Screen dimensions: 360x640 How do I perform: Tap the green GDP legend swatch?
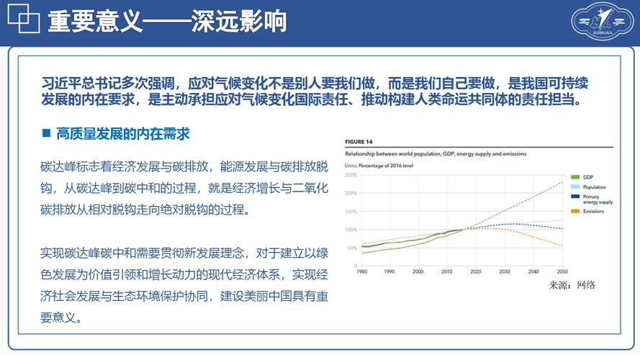point(575,176)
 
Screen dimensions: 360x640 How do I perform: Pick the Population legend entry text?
point(594,187)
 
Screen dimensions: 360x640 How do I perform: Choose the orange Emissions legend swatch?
point(575,212)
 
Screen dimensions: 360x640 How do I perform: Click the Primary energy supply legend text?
point(598,199)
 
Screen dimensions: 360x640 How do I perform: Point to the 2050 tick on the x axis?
point(562,272)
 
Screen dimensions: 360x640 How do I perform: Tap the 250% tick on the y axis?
point(351,175)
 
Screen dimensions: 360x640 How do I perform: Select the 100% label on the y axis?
point(351,230)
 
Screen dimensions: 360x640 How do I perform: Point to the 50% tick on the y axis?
point(352,248)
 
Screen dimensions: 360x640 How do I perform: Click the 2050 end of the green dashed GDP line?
point(562,181)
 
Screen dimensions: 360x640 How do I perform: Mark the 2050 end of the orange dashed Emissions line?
point(562,246)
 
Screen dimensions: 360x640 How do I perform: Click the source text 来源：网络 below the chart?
point(572,286)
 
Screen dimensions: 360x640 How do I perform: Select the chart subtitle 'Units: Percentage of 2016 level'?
point(383,165)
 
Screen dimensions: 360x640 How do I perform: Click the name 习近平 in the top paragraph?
point(58,84)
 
